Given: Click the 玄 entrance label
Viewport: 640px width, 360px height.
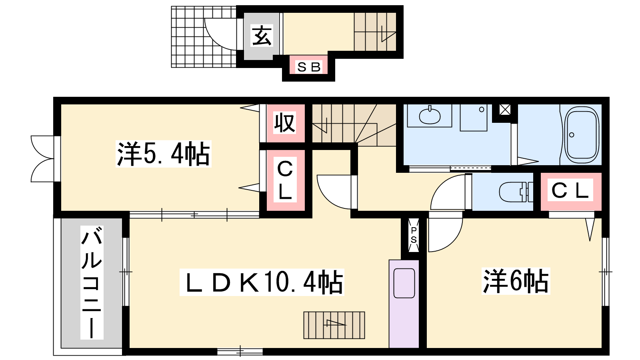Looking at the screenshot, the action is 262,36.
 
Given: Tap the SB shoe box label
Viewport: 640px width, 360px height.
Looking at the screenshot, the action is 309,67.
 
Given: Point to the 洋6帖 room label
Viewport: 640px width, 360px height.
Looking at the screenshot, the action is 516,281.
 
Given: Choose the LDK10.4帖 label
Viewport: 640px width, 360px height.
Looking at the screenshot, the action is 262,282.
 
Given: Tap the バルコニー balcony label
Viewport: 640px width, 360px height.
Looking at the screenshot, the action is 92,282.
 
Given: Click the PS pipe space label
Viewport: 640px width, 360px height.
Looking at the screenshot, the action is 414,235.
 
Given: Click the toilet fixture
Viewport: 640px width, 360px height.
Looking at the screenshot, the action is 516,192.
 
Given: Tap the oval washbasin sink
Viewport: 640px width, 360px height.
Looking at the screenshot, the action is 430,115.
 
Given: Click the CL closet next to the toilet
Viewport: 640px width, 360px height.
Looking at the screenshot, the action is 570,190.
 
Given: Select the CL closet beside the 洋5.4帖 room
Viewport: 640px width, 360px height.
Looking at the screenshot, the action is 285,180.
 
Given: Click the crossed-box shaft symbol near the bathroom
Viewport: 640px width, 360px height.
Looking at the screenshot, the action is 505,110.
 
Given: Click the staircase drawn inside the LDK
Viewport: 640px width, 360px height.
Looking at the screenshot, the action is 334,325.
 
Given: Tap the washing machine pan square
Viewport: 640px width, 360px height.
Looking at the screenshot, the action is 474,118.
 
